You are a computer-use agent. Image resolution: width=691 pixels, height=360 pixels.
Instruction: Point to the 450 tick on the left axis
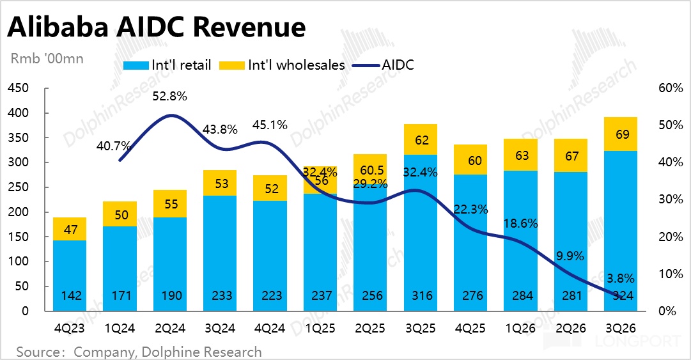click(x=21, y=88)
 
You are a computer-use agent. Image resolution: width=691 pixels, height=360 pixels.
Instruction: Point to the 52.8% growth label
click(x=169, y=97)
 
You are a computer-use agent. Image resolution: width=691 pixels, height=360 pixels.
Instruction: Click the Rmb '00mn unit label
click(x=47, y=59)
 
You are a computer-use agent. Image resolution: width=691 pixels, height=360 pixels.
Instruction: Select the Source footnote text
click(x=139, y=352)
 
